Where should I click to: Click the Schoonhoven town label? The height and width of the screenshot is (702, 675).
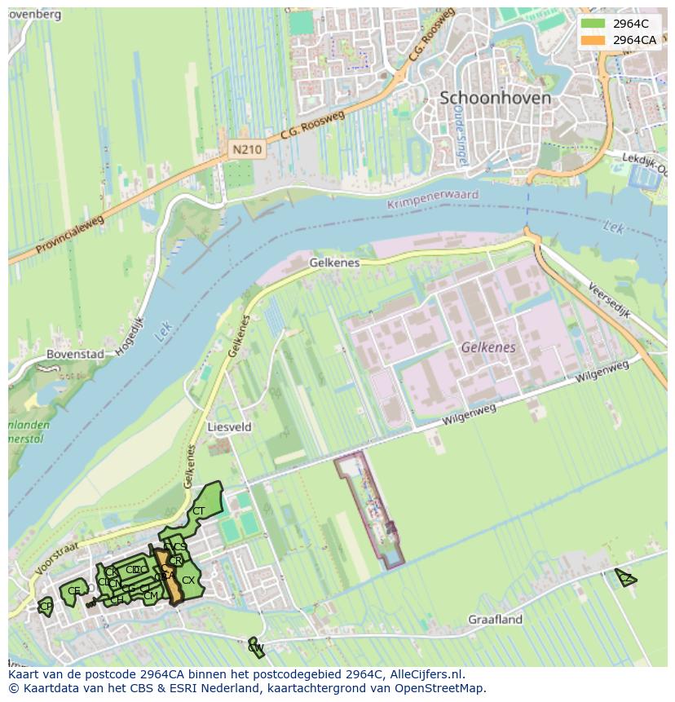(x=495, y=98)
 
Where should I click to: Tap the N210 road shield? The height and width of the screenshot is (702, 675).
(x=246, y=150)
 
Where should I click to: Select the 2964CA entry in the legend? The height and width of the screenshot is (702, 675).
(x=635, y=40)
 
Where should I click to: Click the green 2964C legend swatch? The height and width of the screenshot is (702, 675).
(x=593, y=24)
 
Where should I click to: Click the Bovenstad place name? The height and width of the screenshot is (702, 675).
(x=76, y=355)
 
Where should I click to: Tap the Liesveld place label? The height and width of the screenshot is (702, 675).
(x=230, y=427)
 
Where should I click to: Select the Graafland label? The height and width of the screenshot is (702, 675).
(x=495, y=620)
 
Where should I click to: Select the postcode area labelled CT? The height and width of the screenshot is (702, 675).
(x=199, y=511)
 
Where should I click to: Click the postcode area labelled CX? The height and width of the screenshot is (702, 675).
(x=188, y=581)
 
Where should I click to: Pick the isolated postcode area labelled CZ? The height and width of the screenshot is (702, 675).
(x=625, y=578)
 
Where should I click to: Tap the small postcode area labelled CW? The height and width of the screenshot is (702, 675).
(x=255, y=647)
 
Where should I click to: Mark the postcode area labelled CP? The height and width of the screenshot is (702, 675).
(x=46, y=607)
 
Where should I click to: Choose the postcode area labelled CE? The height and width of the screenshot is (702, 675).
(x=74, y=591)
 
